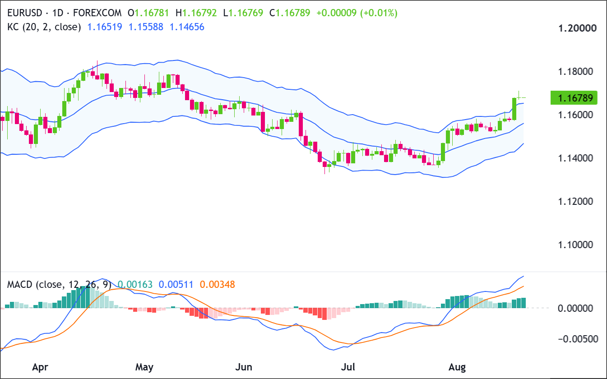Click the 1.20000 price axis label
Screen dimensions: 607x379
coord(578,28)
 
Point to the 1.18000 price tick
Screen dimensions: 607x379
coord(575,72)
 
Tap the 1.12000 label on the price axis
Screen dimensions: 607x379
coord(575,201)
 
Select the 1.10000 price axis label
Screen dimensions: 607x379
coord(575,245)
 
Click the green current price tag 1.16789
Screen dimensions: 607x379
coord(574,98)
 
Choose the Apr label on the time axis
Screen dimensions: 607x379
coord(40,367)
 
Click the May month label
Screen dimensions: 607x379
coord(144,367)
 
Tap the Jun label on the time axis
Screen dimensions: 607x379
coord(244,367)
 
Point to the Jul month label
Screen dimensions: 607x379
coord(348,367)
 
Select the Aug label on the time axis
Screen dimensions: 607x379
coord(457,367)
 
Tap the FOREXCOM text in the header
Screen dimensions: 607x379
coord(97,13)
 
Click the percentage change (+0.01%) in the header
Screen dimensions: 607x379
coord(379,13)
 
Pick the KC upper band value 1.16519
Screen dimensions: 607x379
coord(105,27)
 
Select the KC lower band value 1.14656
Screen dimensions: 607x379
coord(187,27)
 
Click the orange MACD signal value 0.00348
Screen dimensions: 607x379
coord(218,284)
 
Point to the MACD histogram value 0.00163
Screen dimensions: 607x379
coord(135,284)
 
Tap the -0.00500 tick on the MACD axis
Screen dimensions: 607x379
coord(578,339)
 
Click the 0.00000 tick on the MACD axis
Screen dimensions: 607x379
coord(575,308)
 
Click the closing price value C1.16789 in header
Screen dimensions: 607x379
coord(290,13)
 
